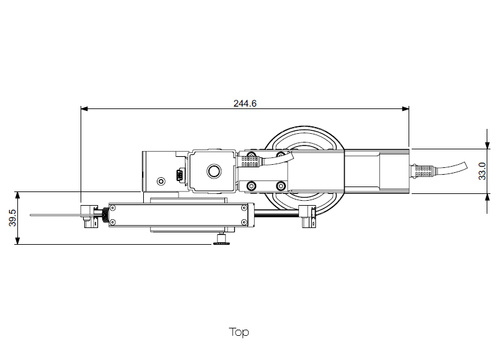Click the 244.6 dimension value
point(245,103)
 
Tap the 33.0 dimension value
point(482,171)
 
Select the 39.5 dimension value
point(12,217)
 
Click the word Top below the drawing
point(239,332)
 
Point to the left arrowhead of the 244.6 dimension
point(84,108)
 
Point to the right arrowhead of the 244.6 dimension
point(405,108)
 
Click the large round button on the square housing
point(214,171)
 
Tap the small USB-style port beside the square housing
point(180,175)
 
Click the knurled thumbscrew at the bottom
point(221,239)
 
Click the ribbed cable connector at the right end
point(423,171)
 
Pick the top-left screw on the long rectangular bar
point(112,208)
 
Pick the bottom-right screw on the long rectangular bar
point(244,222)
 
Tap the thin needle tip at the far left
point(31,215)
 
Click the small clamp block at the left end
point(89,216)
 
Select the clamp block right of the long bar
point(307,216)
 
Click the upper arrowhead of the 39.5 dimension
point(18,195)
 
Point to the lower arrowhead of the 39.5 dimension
point(18,240)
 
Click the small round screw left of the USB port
point(161,182)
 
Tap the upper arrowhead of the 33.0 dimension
point(487,145)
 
